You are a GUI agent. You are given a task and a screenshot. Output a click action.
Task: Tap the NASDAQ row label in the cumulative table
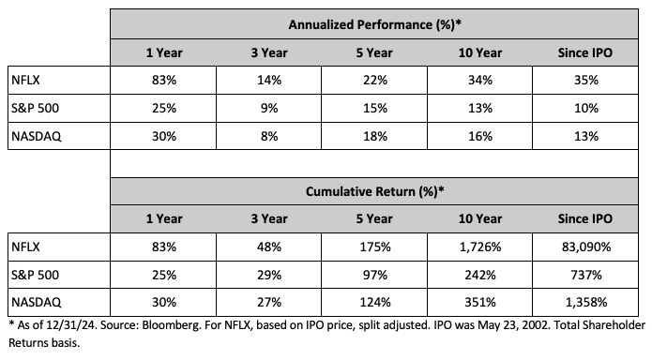[x=34, y=305]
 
